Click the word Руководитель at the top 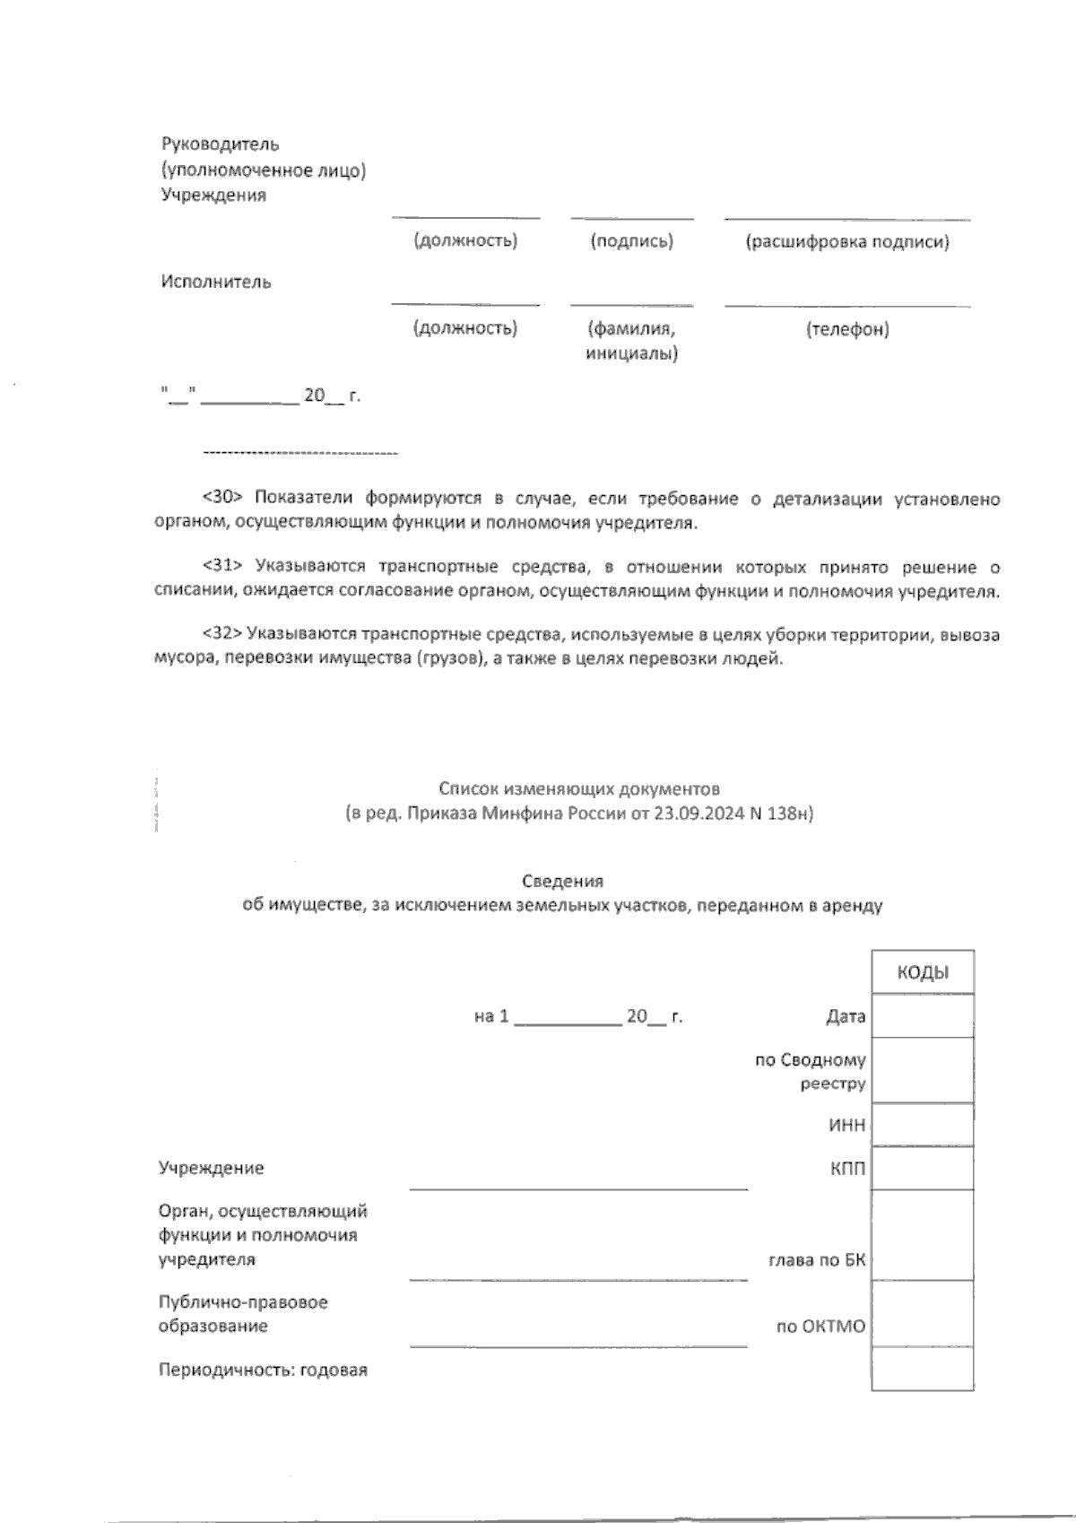[x=220, y=144]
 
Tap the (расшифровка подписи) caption [x=847, y=241]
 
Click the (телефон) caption [x=847, y=329]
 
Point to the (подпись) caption [x=631, y=241]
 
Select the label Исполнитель [x=216, y=282]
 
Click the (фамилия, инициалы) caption [x=631, y=341]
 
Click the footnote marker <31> [x=223, y=567]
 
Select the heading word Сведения [x=562, y=881]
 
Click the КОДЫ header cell [x=923, y=973]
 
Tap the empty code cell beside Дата [x=923, y=1016]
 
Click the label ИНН [x=846, y=1126]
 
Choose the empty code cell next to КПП [x=923, y=1169]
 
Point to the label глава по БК [x=817, y=1260]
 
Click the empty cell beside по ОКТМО [x=923, y=1314]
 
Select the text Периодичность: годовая [x=263, y=1371]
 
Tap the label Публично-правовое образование [x=243, y=1313]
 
